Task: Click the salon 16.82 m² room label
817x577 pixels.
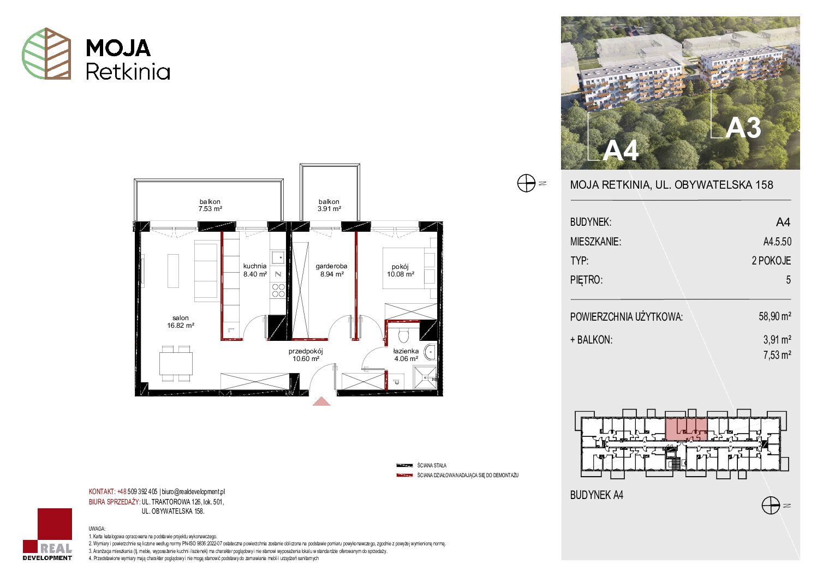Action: (x=181, y=322)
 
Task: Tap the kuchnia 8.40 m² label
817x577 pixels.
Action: (x=255, y=270)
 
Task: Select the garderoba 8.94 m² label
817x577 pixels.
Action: (x=331, y=270)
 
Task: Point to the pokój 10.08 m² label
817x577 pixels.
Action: (x=401, y=271)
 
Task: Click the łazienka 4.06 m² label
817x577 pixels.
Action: (x=406, y=354)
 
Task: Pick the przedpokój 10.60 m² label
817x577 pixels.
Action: (x=306, y=354)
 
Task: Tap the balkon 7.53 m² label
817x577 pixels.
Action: (x=210, y=205)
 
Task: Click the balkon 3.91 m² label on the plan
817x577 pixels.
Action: (x=329, y=205)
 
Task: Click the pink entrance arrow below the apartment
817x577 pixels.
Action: (x=321, y=401)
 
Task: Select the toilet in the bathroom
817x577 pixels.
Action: (x=403, y=335)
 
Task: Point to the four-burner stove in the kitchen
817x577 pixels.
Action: (x=278, y=291)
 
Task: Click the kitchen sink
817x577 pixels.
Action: (x=278, y=258)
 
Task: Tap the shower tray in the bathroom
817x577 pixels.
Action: (x=425, y=378)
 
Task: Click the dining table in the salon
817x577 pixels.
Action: (x=176, y=363)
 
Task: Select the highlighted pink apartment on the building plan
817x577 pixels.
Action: (x=687, y=429)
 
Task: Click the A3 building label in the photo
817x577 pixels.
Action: (x=743, y=128)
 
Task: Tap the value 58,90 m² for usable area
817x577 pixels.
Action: (x=774, y=316)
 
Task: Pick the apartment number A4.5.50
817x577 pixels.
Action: (x=777, y=241)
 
